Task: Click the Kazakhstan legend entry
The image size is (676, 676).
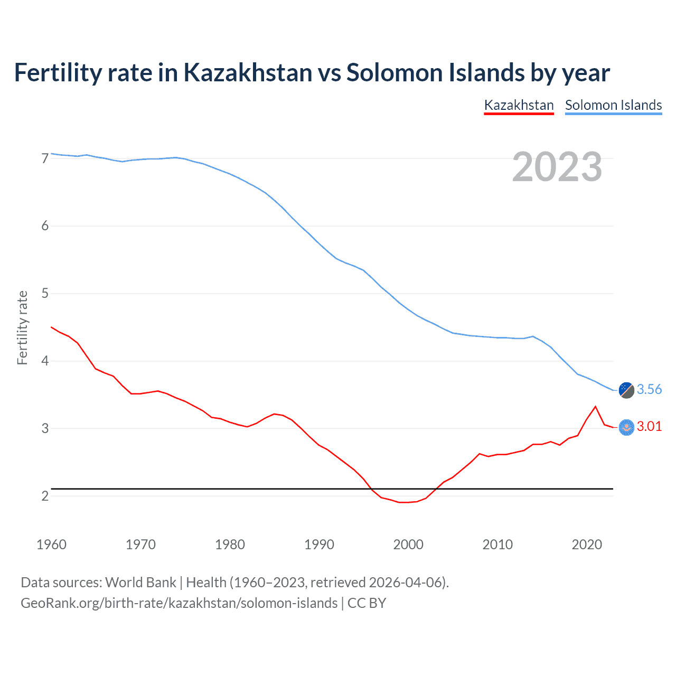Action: coord(519,105)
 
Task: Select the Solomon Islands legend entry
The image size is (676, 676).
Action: coord(613,105)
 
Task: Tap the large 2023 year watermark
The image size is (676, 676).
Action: coord(557,167)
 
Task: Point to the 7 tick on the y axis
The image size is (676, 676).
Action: coord(45,158)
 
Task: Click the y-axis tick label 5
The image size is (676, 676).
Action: coord(45,293)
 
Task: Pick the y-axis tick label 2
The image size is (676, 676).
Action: coord(45,496)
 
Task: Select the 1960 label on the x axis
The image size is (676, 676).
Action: coord(51,544)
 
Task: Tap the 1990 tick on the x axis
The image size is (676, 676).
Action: coord(319,544)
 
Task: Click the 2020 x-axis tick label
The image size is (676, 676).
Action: coord(587,544)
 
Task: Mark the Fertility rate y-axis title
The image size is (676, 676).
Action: coord(22,327)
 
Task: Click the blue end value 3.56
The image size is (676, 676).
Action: coord(649,390)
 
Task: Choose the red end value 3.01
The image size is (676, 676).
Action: coord(649,427)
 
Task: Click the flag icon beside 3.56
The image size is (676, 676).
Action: coord(626,390)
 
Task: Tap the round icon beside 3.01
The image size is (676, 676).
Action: coord(626,427)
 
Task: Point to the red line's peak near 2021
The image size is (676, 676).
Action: coord(595,407)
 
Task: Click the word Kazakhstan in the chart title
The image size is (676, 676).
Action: coord(248,72)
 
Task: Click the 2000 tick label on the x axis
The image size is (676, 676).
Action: coord(408,544)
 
